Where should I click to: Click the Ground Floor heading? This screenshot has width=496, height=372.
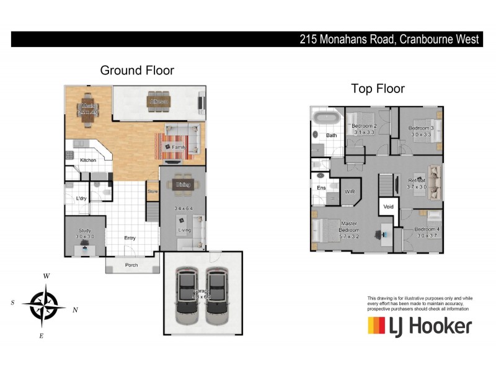coord(137,71)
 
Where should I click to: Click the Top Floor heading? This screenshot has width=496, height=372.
coord(378,89)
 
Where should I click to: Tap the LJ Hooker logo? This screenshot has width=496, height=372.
coord(420,325)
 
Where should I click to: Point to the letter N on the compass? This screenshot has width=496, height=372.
coord(75,310)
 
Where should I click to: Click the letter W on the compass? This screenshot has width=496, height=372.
coord(46,276)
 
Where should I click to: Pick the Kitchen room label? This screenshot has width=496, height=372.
coord(89,161)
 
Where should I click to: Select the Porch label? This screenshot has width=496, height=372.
coord(131,265)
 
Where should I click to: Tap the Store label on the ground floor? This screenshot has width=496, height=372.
coord(153,192)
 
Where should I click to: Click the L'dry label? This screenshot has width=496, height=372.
coord(81,198)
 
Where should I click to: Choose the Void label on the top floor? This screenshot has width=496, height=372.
coord(388,207)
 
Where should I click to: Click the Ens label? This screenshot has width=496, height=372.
coord(321,188)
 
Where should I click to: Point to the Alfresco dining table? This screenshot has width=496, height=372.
coord(159,101)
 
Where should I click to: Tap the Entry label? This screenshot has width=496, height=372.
coord(130,238)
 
